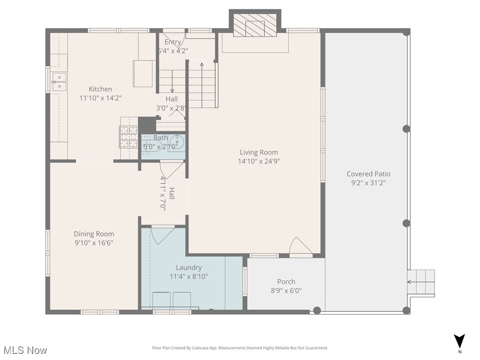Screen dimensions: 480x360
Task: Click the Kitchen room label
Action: coord(100,89)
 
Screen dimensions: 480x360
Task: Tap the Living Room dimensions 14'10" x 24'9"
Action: coord(259,161)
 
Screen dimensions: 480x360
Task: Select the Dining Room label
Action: coord(94,234)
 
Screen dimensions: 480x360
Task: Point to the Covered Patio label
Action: coord(368,174)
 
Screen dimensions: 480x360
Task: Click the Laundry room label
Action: coord(188,268)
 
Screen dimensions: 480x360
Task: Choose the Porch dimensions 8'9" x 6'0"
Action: coord(286,291)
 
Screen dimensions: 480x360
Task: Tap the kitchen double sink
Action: coord(59,82)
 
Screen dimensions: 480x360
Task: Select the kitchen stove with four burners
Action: coord(128,137)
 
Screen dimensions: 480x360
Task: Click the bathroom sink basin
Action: coord(178,142)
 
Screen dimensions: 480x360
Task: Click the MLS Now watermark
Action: coord(25,350)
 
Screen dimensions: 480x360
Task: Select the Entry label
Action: coord(172,42)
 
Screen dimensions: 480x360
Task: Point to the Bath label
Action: coord(160,138)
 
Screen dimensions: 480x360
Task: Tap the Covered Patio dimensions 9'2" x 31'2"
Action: coord(368,183)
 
